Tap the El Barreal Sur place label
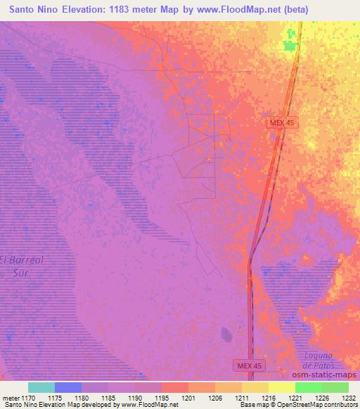22,266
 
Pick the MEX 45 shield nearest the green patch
283,122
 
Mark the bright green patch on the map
290,44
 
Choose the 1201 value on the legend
189,397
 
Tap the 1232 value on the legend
348,397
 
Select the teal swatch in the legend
41,387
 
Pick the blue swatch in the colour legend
68,387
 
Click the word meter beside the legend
11,397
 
